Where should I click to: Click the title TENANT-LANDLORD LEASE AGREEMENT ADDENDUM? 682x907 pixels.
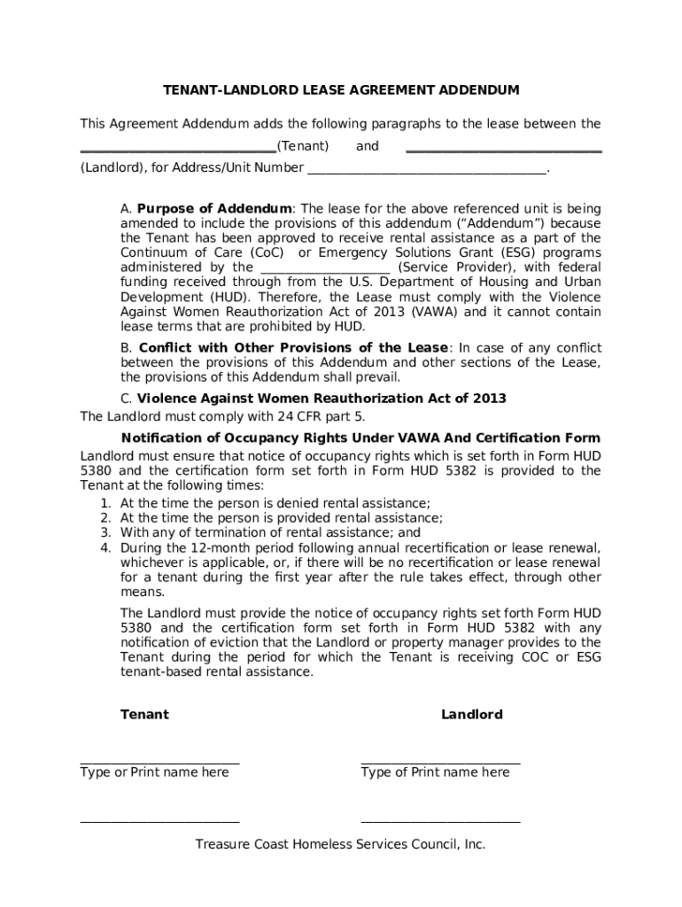[341, 90]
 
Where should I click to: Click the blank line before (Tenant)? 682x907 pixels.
[177, 150]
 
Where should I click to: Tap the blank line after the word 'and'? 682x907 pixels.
[503, 150]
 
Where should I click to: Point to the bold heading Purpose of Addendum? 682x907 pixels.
[214, 209]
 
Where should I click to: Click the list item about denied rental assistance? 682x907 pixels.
[275, 503]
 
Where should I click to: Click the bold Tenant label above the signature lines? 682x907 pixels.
[144, 714]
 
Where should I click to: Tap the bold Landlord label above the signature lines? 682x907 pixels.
[472, 714]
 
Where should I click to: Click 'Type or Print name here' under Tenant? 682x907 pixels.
[154, 772]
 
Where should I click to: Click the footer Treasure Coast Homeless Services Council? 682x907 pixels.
[341, 844]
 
